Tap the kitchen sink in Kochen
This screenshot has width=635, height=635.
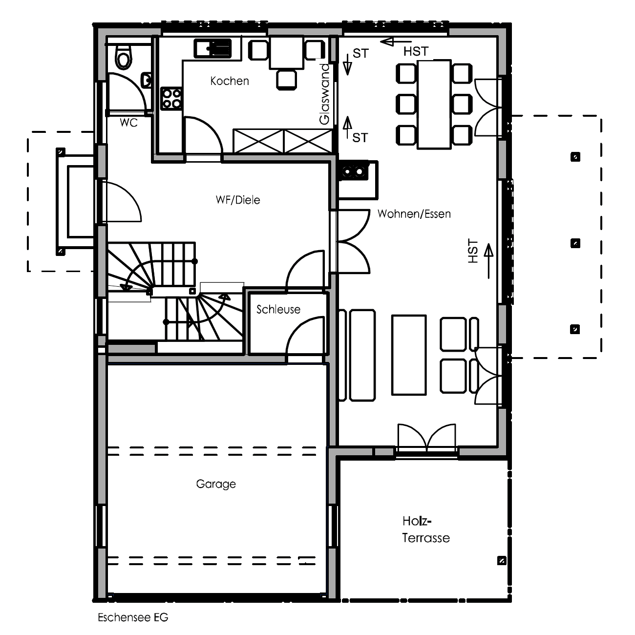[212, 48]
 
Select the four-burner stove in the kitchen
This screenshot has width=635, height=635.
[171, 99]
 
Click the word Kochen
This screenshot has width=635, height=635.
[230, 81]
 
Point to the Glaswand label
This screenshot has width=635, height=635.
[325, 95]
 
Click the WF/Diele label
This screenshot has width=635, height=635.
[237, 200]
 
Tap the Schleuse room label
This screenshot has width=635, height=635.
[278, 309]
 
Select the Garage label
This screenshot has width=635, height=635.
[216, 484]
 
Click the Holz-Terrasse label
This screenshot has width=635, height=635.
[426, 529]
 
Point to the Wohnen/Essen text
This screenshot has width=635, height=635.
[414, 214]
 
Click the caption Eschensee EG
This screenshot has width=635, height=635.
[133, 617]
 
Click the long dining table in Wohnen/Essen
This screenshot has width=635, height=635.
[434, 105]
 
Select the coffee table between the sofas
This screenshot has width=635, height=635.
[409, 355]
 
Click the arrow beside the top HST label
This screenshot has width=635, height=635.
[396, 42]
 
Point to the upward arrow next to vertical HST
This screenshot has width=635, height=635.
[488, 261]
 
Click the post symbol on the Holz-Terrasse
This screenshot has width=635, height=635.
[502, 561]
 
